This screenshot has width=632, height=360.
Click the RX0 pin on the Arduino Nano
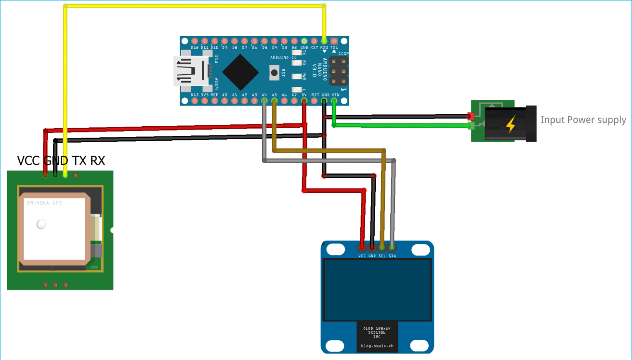point(324,41)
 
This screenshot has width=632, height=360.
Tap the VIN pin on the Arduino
point(334,101)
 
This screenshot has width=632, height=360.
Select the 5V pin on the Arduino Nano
point(304,101)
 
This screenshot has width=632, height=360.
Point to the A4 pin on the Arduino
point(264,101)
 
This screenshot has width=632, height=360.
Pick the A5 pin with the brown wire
point(274,101)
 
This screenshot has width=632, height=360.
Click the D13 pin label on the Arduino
point(195,95)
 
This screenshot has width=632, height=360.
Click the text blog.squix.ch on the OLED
point(377,346)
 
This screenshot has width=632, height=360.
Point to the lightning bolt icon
point(510,124)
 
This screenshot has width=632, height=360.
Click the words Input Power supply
point(583,120)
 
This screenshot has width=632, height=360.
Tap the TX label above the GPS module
point(80,160)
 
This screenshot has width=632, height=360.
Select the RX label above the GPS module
point(97,160)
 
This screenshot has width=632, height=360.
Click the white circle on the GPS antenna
point(41,224)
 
